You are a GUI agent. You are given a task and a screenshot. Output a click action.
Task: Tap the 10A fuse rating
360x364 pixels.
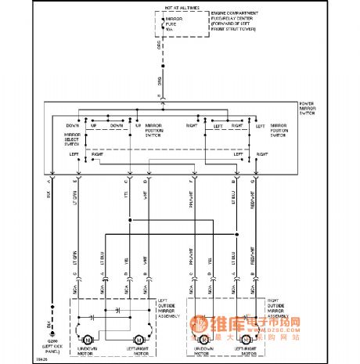coord(169,30)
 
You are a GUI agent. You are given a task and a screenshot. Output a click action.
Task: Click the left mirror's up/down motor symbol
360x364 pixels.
coord(88,339)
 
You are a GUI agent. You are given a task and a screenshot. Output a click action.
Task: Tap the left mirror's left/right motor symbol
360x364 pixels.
coord(139,339)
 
